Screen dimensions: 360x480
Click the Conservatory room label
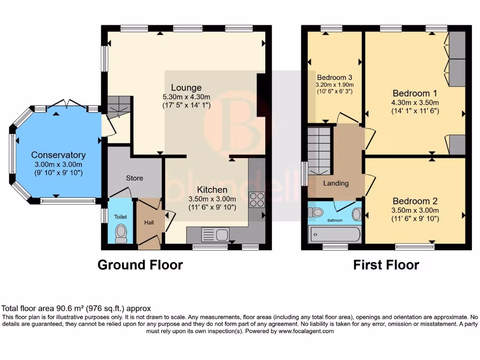click(59, 155)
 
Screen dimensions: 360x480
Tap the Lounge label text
click(186, 88)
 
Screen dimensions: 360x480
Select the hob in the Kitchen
click(257, 200)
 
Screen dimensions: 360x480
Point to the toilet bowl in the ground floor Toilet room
click(121, 233)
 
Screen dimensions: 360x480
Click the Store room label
click(135, 178)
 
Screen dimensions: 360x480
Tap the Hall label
click(149, 223)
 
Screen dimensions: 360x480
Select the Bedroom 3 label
click(334, 77)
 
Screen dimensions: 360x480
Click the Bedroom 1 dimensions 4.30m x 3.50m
click(415, 103)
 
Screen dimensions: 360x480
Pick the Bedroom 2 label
click(415, 201)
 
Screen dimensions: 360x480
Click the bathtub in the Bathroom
click(334, 234)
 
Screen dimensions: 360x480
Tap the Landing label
click(336, 183)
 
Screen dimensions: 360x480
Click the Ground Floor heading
click(140, 265)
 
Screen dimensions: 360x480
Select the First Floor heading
click(386, 265)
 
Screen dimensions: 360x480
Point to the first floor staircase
click(320, 150)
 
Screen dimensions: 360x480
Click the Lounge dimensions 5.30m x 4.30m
click(186, 97)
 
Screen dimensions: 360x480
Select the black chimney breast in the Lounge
click(262, 96)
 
